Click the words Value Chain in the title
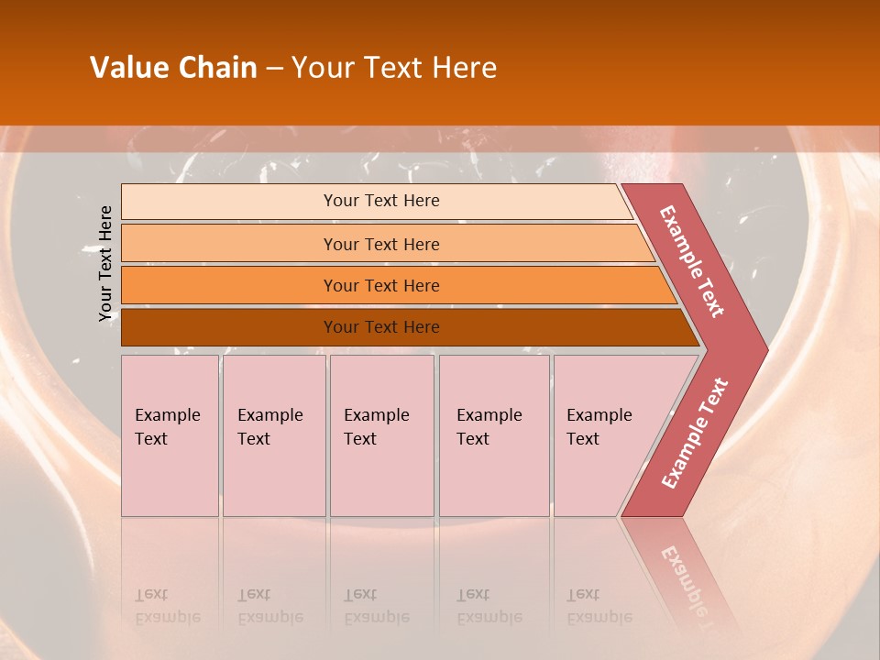point(173,68)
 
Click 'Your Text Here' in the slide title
point(394,68)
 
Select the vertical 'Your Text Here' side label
point(106,263)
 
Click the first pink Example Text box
point(170,435)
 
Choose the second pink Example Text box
point(273,435)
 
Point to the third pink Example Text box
point(381,435)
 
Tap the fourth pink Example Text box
point(493,435)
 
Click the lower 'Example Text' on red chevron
point(695,433)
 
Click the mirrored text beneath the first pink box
point(167,607)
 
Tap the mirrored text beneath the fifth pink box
point(599,607)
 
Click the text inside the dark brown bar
point(381,327)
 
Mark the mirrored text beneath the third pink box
point(376,607)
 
